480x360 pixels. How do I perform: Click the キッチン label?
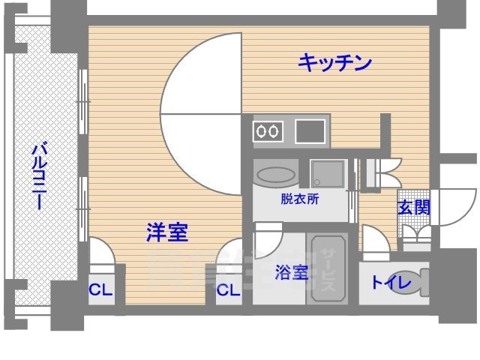point(335,63)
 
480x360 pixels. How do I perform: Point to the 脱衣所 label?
point(300,199)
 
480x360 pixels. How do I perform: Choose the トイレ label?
point(391,283)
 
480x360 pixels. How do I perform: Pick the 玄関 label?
point(413,208)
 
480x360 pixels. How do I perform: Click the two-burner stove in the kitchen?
point(268,132)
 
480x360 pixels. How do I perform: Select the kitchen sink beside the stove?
point(310,132)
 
